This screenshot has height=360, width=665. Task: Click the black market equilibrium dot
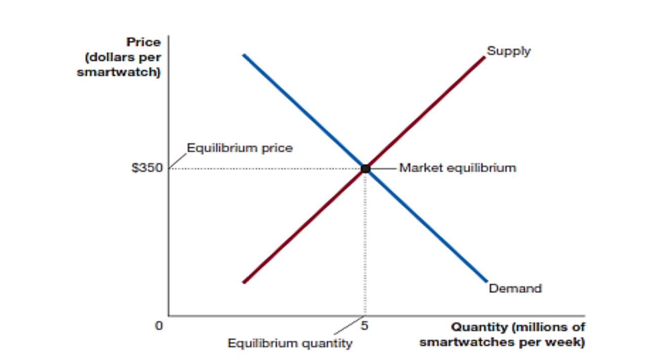click(x=365, y=169)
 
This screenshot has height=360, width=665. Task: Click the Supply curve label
click(x=508, y=51)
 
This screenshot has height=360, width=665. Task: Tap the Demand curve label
click(x=515, y=289)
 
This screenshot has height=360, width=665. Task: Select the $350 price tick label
click(x=146, y=168)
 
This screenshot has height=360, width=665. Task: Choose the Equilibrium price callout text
click(x=240, y=148)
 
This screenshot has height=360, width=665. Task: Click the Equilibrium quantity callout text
click(x=290, y=343)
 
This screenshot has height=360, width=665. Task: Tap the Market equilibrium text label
click(x=458, y=168)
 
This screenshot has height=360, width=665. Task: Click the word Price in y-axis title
click(x=144, y=43)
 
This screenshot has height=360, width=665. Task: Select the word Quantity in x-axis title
click(x=479, y=327)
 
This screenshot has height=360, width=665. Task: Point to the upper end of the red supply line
click(x=484, y=57)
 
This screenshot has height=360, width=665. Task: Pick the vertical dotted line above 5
click(x=365, y=243)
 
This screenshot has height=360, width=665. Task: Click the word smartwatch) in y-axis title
click(x=119, y=72)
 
